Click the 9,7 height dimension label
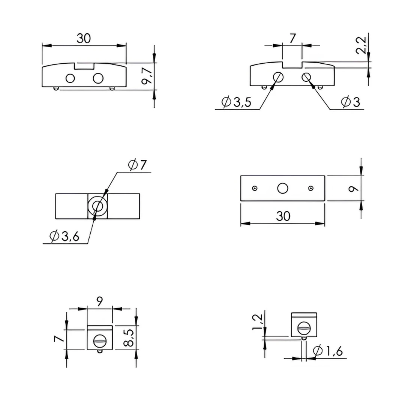click(147, 76)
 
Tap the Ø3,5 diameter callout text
click(236, 102)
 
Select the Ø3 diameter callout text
click(350, 102)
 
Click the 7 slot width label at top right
click(292, 38)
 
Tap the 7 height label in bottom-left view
click(58, 339)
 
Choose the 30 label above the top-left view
click(84, 38)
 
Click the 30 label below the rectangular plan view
click(283, 216)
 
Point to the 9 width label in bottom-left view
click(99, 301)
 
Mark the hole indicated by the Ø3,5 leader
click(278, 77)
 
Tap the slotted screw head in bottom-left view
click(99, 341)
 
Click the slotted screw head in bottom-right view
click(304, 329)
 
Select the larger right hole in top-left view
click(98, 78)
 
